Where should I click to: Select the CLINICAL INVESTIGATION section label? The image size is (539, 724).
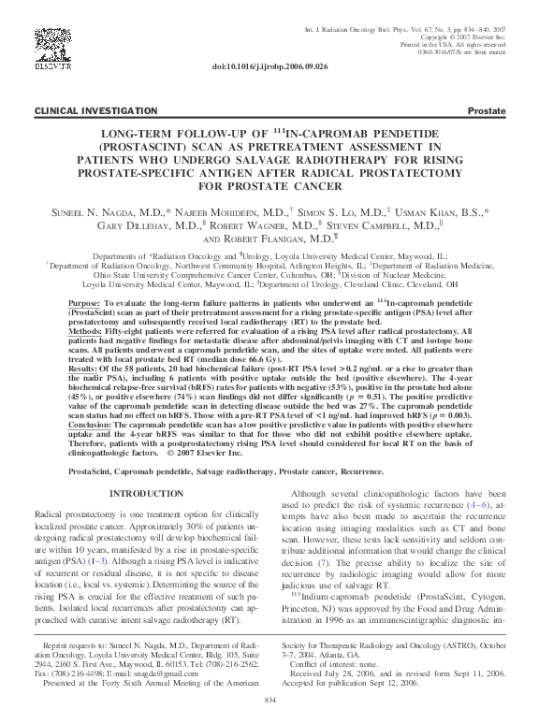83,110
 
